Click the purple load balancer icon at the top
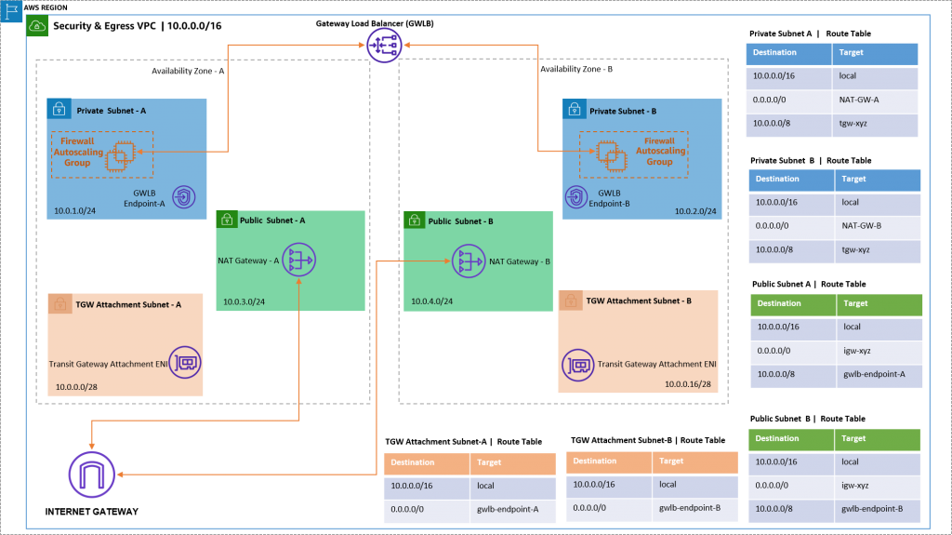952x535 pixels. pos(384,44)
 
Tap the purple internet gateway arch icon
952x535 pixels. pos(92,475)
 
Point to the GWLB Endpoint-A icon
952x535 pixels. pos(183,196)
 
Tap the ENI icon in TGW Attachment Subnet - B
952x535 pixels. pos(580,365)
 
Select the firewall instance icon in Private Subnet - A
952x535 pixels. pos(120,157)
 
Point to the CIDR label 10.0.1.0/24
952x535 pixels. pos(74,211)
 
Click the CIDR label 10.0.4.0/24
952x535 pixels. pos(431,301)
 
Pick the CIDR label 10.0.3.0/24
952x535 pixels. pos(244,301)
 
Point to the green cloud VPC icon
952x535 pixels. pos(38,26)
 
